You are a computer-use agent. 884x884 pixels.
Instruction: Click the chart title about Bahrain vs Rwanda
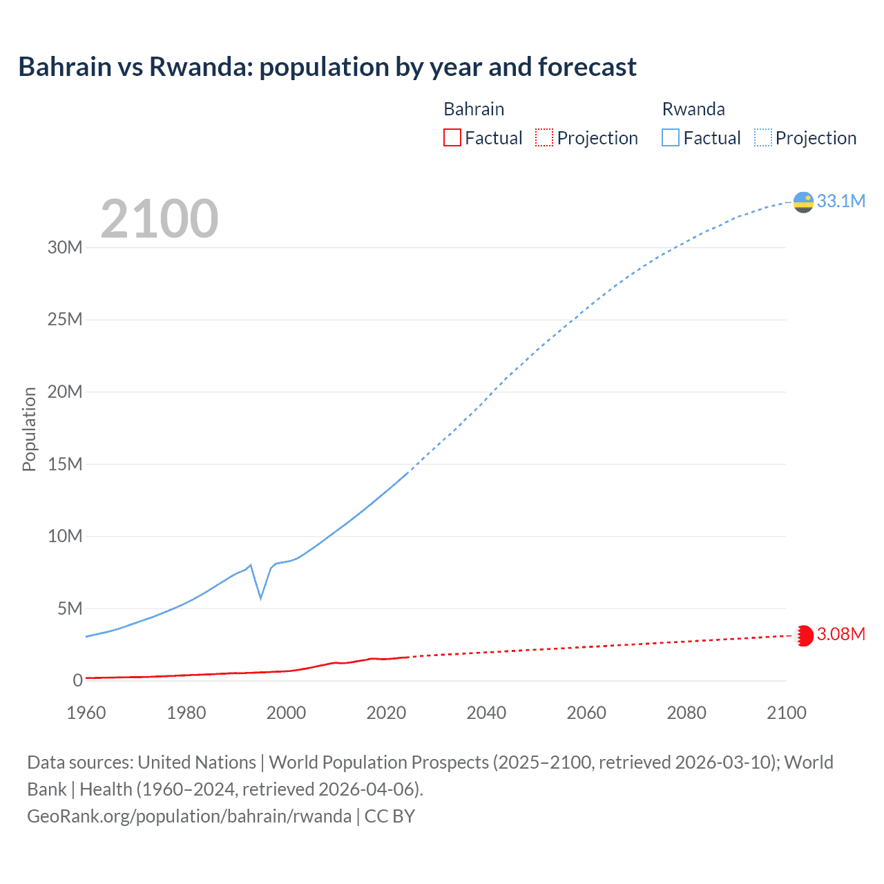tap(327, 67)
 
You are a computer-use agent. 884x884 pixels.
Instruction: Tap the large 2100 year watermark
tap(160, 219)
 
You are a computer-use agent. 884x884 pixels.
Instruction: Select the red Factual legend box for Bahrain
tap(452, 138)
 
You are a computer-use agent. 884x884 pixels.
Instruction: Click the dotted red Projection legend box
tap(544, 138)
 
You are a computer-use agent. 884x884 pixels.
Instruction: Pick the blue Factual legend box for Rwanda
tap(670, 138)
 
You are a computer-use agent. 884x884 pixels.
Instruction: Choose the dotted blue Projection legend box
tap(762, 138)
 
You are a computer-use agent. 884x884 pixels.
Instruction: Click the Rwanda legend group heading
tap(693, 109)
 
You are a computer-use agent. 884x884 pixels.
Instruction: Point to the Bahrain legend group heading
tap(474, 109)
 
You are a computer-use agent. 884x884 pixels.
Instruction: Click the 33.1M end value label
tap(840, 201)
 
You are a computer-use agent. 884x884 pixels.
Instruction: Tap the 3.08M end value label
tap(840, 634)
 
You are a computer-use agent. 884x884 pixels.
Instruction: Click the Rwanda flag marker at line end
tap(803, 202)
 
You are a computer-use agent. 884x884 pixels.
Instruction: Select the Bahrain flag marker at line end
tap(803, 635)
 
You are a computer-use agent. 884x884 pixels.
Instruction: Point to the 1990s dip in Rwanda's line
tap(260, 597)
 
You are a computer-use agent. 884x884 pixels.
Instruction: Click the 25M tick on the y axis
tap(65, 320)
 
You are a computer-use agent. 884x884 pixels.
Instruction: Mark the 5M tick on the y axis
tap(70, 608)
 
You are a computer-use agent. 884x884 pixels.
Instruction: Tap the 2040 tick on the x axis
tap(486, 713)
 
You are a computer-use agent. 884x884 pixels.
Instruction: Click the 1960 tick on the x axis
tap(86, 713)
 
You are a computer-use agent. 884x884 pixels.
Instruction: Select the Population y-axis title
tap(29, 429)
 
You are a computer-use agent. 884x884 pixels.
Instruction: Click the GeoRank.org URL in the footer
tap(189, 816)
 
